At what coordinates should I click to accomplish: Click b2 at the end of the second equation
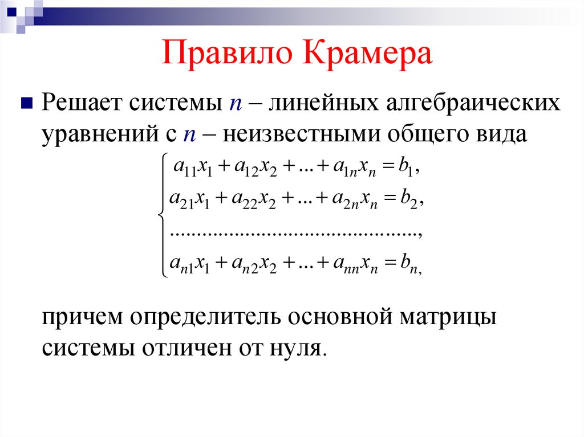(410, 199)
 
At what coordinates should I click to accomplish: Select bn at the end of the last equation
(409, 264)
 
